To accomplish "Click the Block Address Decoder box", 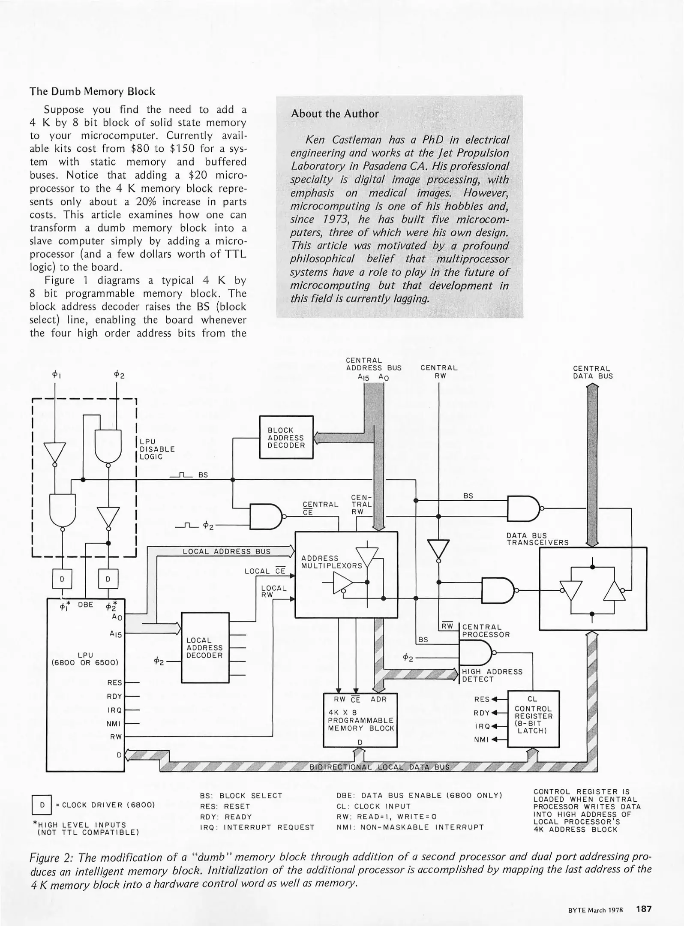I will (286, 437).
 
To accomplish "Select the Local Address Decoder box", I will (205, 647).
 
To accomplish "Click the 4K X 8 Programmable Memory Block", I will (360, 721).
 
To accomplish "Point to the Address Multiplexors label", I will (331, 562).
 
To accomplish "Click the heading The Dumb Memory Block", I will (92, 91).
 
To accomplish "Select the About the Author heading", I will (335, 114).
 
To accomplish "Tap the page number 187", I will (644, 908).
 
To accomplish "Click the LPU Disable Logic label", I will (157, 449).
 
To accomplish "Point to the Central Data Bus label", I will (593, 372).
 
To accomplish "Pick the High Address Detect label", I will (492, 675).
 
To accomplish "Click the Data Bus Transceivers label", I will (537, 539).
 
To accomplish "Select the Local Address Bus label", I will (227, 551).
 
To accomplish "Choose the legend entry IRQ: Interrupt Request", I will (257, 827).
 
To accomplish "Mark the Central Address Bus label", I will (373, 364).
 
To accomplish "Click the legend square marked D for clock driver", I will (42, 805).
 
